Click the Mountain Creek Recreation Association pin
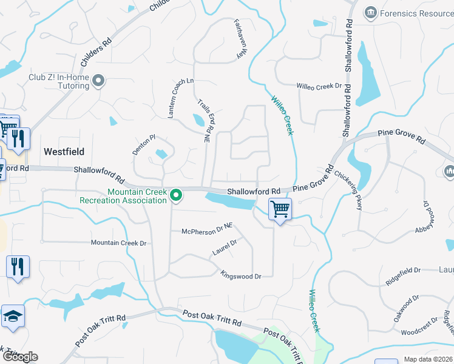(176, 195)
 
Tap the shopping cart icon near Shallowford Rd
(280, 209)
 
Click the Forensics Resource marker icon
(370, 12)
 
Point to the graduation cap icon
(13, 317)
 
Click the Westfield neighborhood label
(64, 151)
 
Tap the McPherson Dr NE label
(207, 231)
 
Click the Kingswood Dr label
(240, 275)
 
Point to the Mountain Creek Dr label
(119, 243)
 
